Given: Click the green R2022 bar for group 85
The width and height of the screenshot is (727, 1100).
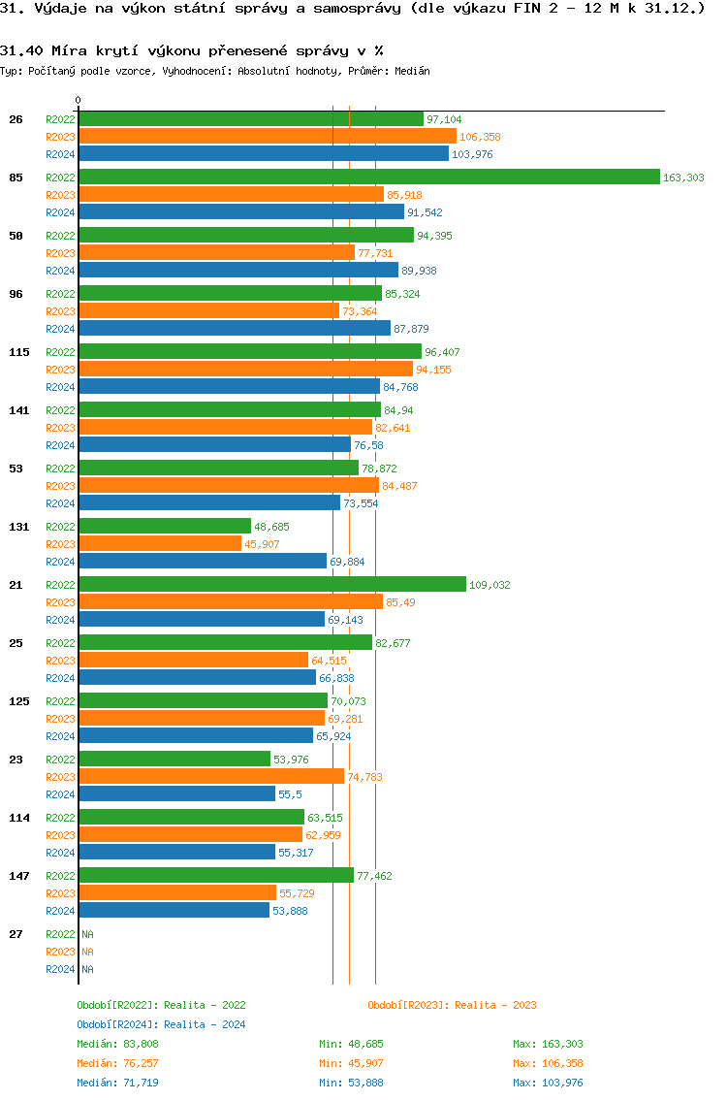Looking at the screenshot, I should (368, 177).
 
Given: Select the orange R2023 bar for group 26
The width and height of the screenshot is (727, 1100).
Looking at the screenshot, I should (267, 136).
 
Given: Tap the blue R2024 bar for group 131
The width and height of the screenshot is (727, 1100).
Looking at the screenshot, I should (202, 561).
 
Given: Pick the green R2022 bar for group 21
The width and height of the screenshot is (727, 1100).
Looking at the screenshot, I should (271, 584).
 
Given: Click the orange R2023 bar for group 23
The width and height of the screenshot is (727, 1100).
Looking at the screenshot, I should (210, 776).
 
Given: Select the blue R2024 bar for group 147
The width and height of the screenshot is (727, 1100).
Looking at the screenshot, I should (174, 910).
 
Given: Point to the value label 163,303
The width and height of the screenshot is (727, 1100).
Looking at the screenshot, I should (683, 178).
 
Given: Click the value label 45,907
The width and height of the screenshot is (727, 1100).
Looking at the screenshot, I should (262, 544).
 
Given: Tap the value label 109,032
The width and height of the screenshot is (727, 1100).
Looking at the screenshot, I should (490, 585).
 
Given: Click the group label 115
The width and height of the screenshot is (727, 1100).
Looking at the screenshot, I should (19, 352).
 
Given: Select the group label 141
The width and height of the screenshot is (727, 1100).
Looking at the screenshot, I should (19, 410).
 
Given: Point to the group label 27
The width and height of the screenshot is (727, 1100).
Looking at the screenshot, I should (16, 934).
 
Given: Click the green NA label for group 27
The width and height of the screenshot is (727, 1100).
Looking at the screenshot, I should (87, 934).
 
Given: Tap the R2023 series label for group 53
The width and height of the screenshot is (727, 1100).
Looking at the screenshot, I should (60, 486).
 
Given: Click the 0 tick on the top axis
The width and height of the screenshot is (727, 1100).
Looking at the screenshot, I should (79, 100).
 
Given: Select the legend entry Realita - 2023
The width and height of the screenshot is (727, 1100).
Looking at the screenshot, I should (452, 1005).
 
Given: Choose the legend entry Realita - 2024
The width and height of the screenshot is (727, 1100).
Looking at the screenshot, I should (161, 1024).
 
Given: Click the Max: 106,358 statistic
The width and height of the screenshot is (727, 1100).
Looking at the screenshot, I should (548, 1063).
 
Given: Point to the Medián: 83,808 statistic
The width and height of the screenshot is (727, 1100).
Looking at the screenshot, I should (117, 1044).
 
